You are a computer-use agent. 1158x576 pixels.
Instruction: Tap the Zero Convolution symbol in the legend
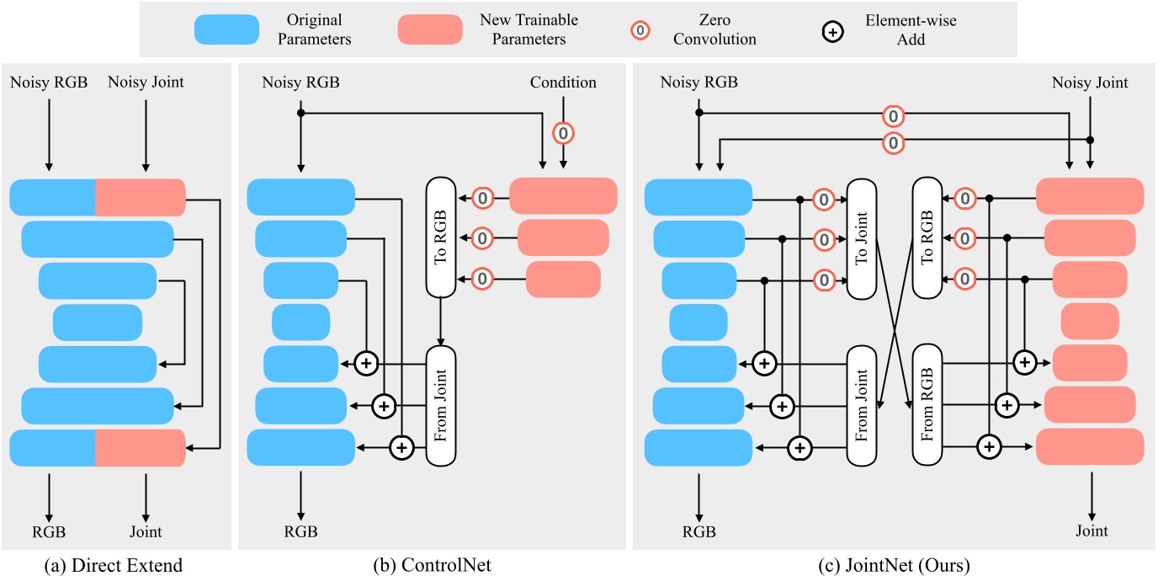click(640, 30)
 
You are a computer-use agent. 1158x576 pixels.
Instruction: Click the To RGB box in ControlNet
click(440, 237)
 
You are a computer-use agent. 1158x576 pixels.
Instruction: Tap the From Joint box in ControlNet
click(440, 404)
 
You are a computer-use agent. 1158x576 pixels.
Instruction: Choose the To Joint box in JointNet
click(861, 237)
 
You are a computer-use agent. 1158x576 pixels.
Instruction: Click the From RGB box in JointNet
click(927, 404)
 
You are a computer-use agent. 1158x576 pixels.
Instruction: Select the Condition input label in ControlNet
click(563, 83)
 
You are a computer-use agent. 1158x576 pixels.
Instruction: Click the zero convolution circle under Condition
click(563, 132)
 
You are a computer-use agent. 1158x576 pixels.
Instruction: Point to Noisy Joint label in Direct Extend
click(146, 83)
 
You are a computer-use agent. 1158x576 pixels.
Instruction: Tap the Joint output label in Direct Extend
click(146, 531)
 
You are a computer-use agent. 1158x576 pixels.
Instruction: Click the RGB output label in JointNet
click(699, 531)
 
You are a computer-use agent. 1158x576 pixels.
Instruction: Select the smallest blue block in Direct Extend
click(98, 322)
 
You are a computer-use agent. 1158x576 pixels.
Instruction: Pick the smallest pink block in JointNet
click(1090, 322)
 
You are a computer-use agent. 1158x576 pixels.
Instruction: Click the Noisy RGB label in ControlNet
click(300, 83)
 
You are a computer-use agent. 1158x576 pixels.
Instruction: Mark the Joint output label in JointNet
click(1092, 531)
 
